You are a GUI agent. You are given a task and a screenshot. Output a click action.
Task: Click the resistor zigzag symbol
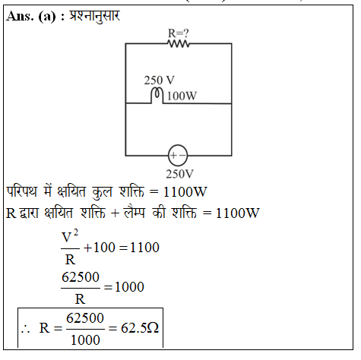179,44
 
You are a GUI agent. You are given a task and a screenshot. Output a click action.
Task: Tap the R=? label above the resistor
179,33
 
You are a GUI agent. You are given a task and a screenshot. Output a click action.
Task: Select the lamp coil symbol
157,96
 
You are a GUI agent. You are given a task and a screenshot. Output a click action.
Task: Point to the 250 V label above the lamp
160,81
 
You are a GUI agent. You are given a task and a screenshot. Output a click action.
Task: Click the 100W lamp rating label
182,96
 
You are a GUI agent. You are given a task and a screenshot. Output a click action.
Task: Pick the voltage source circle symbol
178,155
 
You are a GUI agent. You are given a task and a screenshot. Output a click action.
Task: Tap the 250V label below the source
179,174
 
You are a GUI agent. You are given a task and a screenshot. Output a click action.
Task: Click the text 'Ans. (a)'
31,17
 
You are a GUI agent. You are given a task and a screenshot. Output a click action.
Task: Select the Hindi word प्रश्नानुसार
94,17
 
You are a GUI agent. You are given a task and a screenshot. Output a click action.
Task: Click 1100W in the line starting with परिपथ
185,191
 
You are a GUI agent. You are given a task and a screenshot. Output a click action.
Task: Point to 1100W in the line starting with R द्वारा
238,213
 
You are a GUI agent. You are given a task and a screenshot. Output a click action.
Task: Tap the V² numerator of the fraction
70,236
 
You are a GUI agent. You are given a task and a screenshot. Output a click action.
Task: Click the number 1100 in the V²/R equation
144,248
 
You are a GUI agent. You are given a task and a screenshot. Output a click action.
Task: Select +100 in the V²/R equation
100,248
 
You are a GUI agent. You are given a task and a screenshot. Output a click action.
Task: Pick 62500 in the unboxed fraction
81,277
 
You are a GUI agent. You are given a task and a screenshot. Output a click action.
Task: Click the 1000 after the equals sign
129,287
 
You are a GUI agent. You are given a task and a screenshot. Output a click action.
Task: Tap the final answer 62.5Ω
140,328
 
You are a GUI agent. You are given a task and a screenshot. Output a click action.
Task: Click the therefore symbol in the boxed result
26,329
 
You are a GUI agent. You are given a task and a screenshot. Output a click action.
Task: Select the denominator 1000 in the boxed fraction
85,340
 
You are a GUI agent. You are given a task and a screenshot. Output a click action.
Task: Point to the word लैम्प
135,212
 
